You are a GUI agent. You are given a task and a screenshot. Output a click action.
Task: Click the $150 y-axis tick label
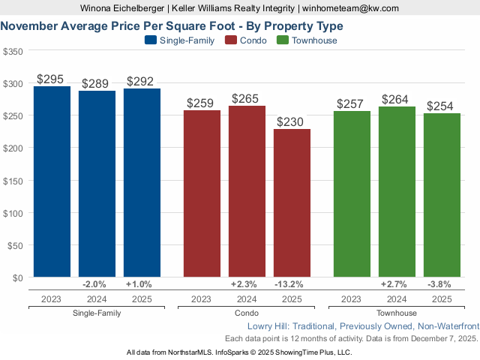coord(13,180)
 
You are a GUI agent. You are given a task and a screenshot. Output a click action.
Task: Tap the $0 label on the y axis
coord(16,277)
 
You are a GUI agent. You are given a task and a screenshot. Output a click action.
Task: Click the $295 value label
coord(50,79)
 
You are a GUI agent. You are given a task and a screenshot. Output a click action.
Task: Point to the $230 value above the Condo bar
coord(292,121)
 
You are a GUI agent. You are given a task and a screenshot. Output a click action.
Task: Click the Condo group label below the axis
coord(246,313)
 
